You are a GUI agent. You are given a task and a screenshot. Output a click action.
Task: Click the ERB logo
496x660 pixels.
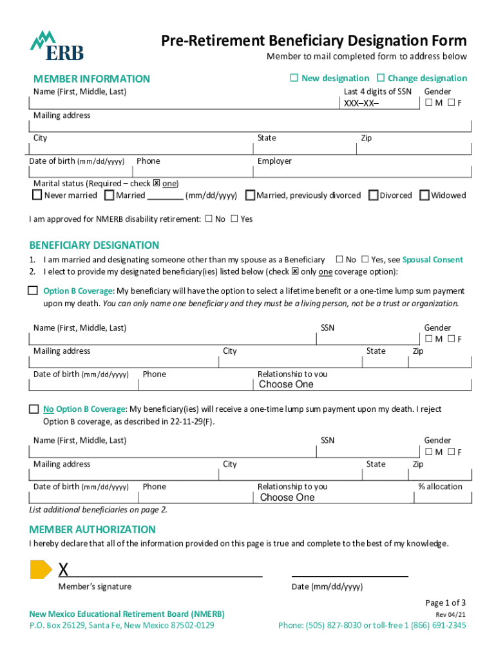point(57,46)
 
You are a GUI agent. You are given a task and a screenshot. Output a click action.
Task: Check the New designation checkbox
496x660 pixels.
point(294,78)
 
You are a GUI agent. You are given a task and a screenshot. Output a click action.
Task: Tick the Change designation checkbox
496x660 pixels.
point(380,78)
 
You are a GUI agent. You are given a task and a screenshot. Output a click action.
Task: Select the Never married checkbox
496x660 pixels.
point(37,195)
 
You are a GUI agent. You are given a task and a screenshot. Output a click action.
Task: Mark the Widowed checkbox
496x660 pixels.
point(424,195)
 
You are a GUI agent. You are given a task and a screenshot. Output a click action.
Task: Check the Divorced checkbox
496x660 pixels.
point(374,195)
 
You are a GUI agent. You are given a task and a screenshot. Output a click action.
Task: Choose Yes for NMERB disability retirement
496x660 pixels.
point(234,218)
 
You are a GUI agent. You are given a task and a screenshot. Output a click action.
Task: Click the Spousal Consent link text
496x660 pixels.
point(432,260)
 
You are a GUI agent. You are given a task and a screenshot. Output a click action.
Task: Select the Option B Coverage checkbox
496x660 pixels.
point(33,291)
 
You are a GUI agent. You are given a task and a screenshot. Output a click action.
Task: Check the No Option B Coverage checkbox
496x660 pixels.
point(34,409)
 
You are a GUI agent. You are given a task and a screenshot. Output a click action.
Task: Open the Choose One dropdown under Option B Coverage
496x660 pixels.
point(286,385)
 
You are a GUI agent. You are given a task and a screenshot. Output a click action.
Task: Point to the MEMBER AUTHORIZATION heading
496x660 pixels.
point(92,530)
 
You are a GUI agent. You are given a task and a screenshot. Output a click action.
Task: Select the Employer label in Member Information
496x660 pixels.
point(274,161)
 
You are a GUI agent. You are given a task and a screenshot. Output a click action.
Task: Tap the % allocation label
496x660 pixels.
point(440,487)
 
